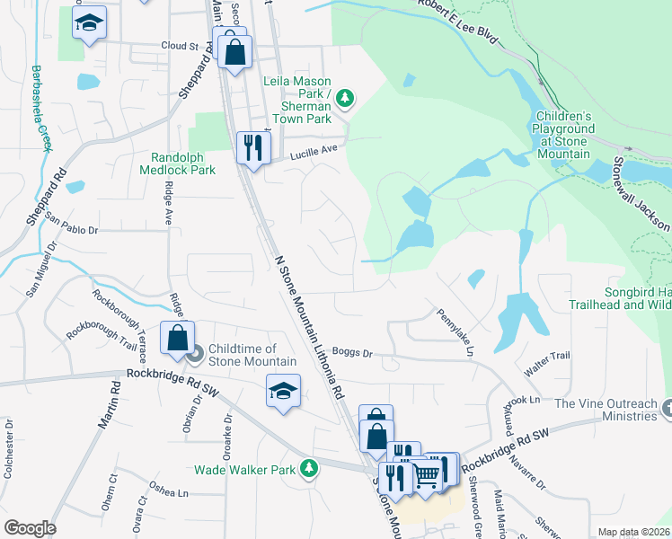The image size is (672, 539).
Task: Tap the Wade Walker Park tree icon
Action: coord(309,468)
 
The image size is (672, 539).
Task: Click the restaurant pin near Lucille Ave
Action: coord(253,146)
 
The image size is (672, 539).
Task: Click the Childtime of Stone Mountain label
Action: coord(252,355)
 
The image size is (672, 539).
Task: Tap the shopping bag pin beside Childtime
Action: coord(177,338)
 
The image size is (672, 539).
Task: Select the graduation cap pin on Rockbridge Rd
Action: coord(283,391)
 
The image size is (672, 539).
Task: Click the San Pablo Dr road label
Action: coord(71,225)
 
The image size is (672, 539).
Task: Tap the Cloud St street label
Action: coord(179,46)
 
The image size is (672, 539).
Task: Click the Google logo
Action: coord(30,528)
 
